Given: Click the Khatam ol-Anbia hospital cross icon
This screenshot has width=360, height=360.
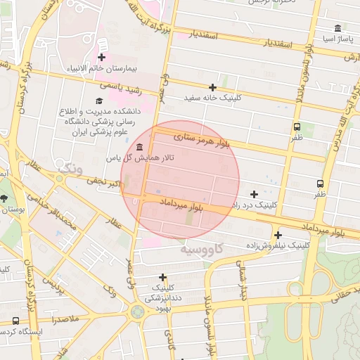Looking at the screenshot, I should pos(102,57).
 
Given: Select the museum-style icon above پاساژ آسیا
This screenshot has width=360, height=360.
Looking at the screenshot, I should pos(338,29).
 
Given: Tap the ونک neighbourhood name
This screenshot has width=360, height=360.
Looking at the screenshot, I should pos(71,169).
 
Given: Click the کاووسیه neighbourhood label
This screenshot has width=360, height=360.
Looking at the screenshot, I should pos(202,249).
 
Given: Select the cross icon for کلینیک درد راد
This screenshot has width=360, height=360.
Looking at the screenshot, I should pos(254,194).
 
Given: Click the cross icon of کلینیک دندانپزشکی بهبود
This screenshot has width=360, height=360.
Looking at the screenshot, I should pos(163,278).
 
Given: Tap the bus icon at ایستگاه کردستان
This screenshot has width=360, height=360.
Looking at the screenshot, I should pos(15,321).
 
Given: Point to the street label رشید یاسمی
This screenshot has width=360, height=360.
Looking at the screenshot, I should pos(120,87).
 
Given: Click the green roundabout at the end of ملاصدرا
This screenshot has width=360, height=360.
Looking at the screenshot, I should pos(138,311).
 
